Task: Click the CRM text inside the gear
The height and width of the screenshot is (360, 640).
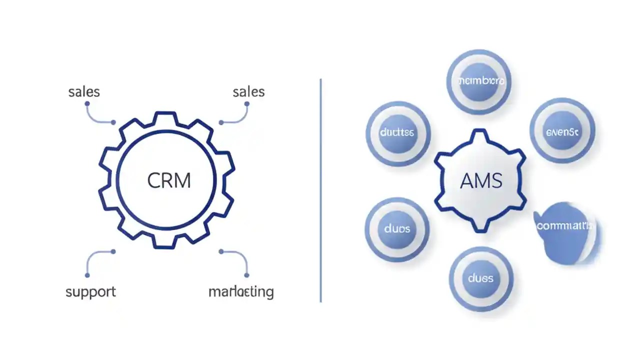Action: [169, 180]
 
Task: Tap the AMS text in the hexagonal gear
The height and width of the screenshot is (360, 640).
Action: [480, 180]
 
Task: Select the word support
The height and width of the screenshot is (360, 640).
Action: [90, 291]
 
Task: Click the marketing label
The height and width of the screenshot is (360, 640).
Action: [241, 291]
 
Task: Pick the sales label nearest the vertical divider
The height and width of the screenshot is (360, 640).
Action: [248, 92]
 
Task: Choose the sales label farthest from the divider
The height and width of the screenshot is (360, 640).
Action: [84, 92]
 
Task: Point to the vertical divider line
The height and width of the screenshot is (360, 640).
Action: [320, 190]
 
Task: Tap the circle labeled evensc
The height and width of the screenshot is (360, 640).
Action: [562, 131]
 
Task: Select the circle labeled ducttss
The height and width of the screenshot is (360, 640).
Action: [397, 133]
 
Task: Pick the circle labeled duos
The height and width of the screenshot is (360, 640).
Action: [397, 229]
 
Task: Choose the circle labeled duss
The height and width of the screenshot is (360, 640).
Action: [480, 278]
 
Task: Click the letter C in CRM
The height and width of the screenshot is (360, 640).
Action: [154, 180]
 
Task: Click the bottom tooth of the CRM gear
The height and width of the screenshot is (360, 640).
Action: [166, 242]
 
